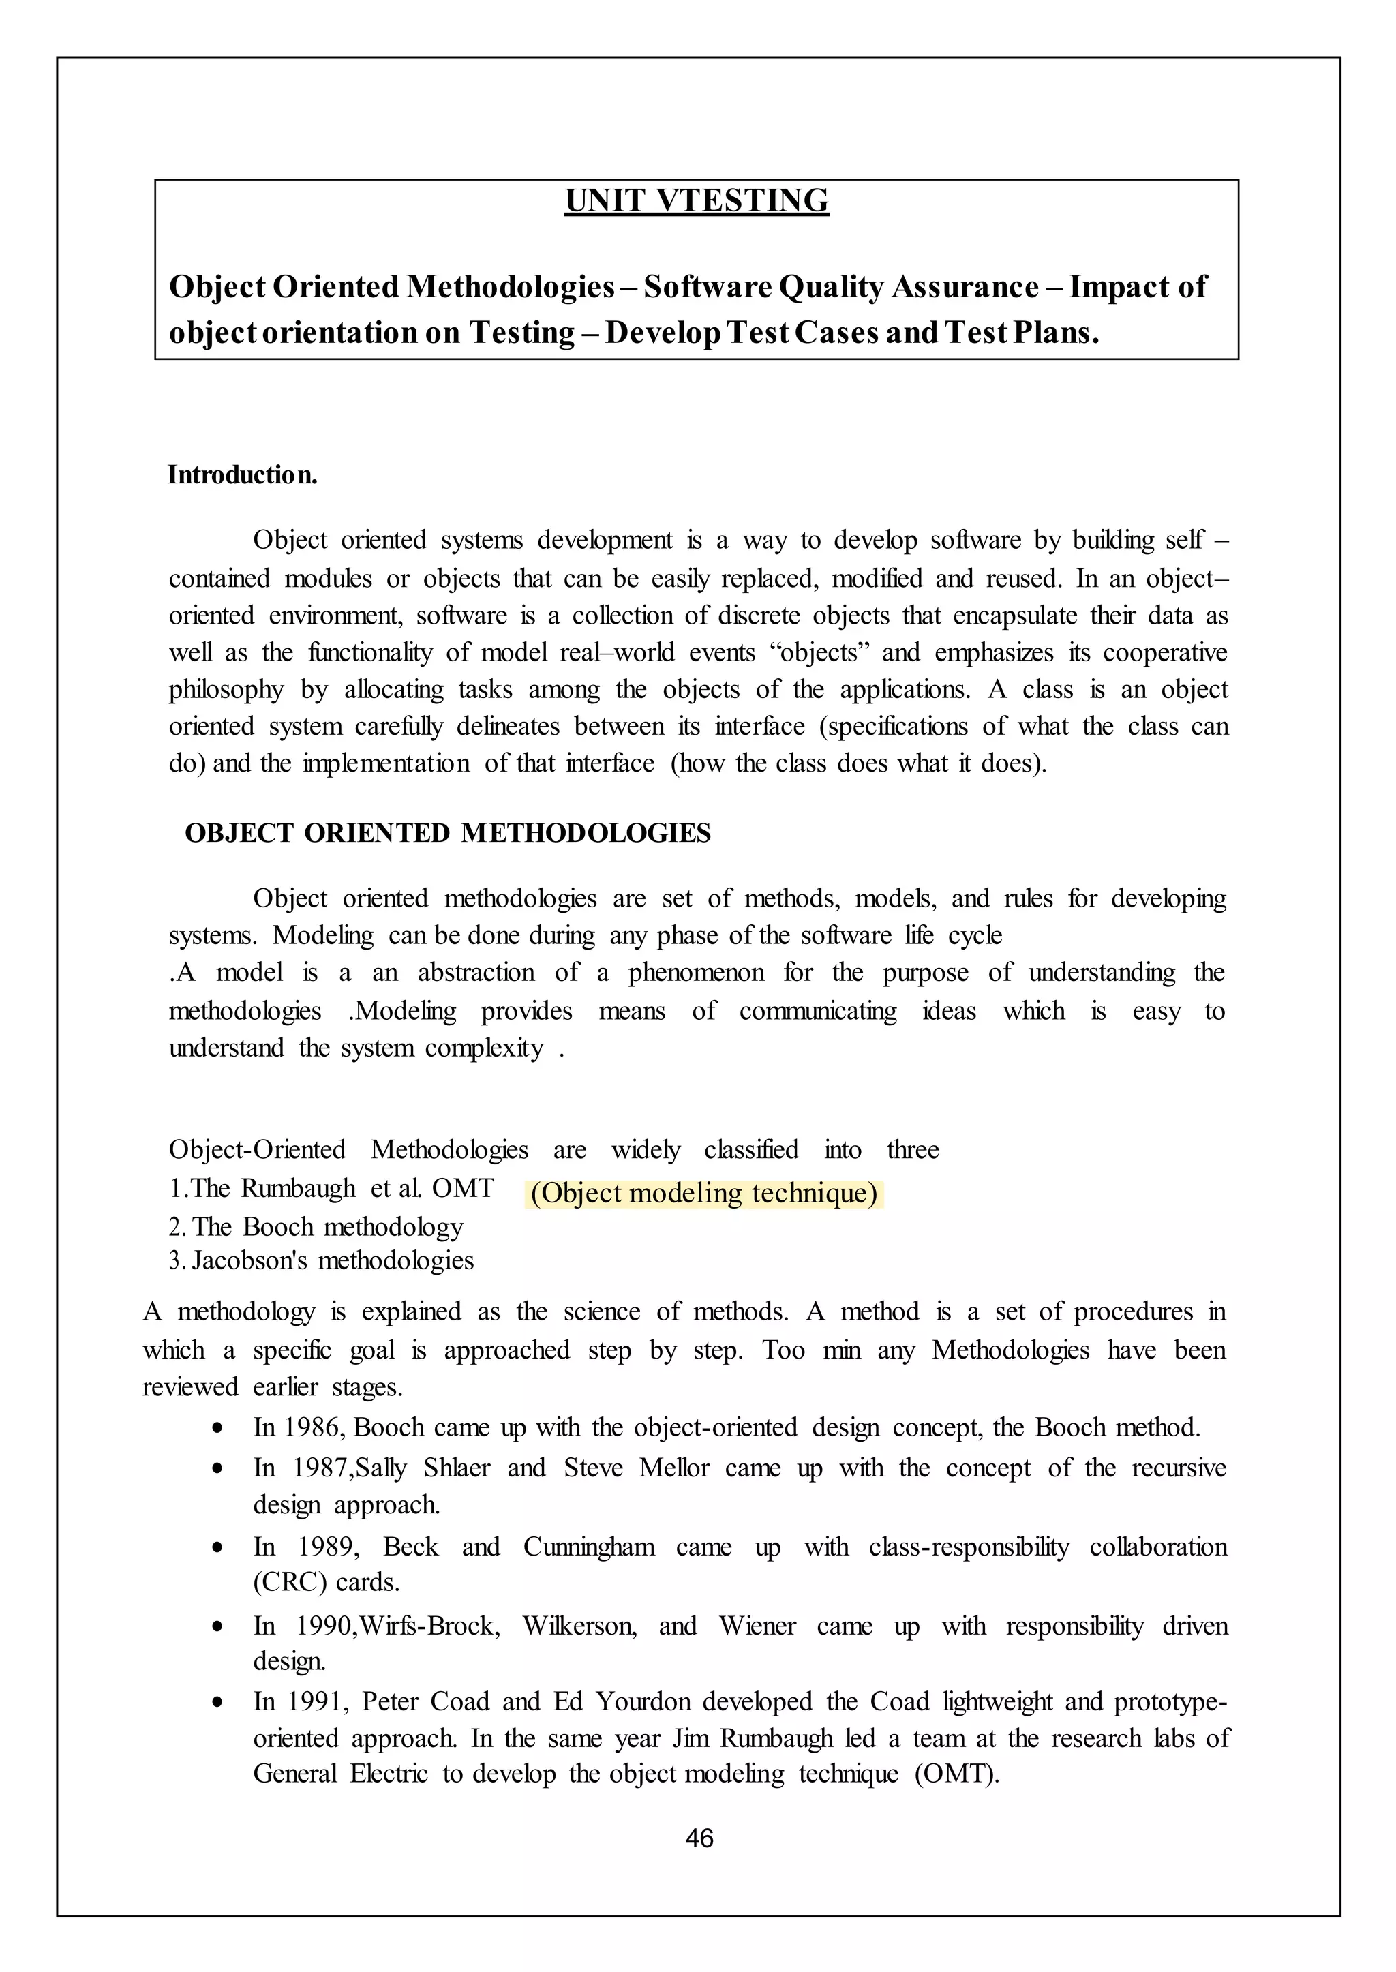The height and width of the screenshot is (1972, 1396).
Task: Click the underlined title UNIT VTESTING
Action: click(697, 200)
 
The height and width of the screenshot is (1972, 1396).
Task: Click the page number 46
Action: click(699, 1838)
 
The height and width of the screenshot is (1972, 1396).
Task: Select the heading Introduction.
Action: click(243, 474)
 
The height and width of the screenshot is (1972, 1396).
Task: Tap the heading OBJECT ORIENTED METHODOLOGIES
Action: click(448, 833)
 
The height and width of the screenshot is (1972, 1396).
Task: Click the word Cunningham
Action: click(589, 1547)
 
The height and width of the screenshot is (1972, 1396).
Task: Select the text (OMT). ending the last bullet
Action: click(958, 1774)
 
